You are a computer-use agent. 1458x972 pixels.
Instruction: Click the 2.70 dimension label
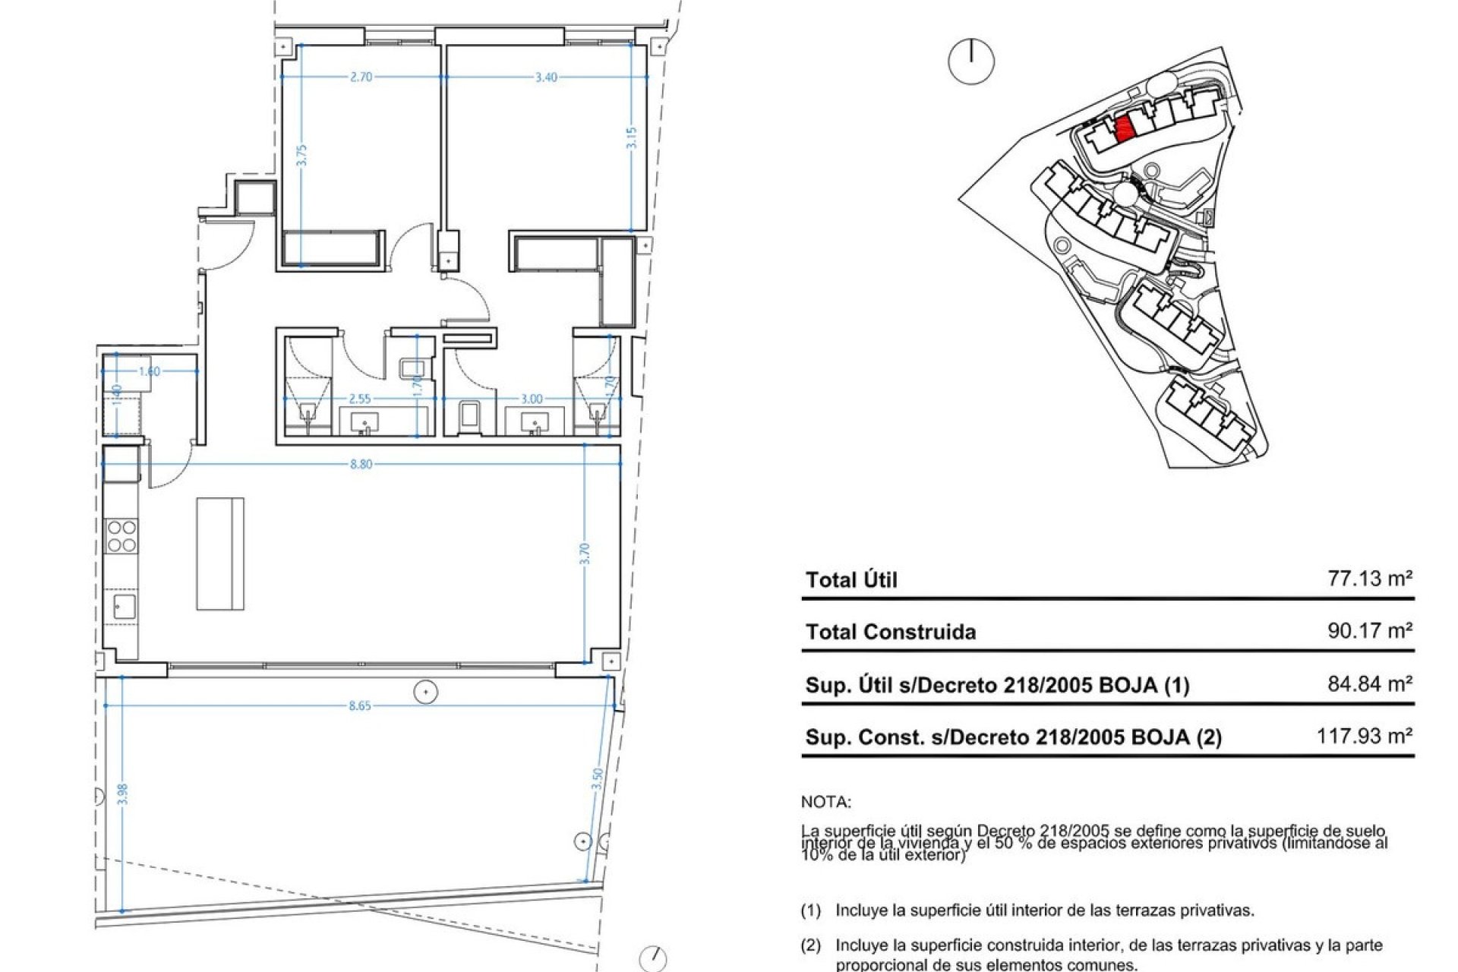pos(361,77)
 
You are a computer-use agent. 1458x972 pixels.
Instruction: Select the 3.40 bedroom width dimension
pos(546,77)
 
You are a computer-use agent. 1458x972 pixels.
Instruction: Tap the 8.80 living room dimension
pos(361,464)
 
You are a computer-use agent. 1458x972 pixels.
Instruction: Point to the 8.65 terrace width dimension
pos(360,705)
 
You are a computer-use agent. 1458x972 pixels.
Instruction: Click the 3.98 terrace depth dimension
pos(122,794)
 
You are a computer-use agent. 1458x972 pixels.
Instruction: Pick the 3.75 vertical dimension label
pos(302,155)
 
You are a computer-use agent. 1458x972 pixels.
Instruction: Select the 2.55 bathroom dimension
pos(360,399)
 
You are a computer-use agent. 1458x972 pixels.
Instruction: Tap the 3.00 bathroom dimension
pos(532,399)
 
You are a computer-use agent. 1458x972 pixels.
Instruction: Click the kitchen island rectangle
pos(220,554)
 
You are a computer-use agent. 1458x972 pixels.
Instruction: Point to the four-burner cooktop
pos(121,535)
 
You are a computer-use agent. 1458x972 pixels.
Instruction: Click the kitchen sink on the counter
pos(124,606)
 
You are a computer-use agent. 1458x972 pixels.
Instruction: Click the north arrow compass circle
pos(971,62)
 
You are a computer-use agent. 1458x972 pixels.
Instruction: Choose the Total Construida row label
pos(891,632)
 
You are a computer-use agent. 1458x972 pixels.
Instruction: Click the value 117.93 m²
pos(1364,736)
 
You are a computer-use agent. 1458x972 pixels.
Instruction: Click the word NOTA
pos(826,802)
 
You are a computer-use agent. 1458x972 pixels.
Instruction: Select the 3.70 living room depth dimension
pos(585,553)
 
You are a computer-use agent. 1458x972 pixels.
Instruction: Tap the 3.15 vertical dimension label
pos(633,137)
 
